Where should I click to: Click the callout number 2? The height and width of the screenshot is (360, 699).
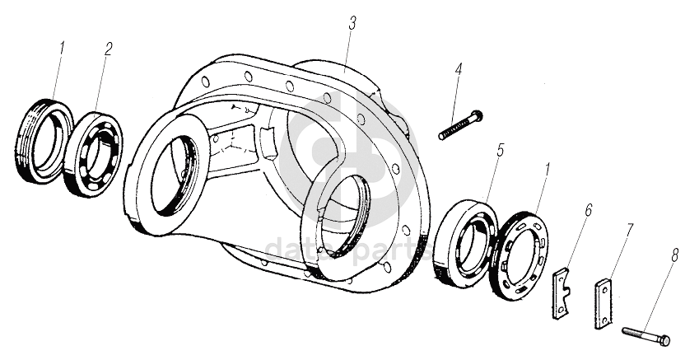point(107,47)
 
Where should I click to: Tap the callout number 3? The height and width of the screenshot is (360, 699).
point(351,23)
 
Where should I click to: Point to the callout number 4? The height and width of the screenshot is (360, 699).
point(459,70)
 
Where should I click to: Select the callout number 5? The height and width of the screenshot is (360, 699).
point(498,152)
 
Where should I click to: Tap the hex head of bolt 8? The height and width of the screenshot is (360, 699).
point(664,339)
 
